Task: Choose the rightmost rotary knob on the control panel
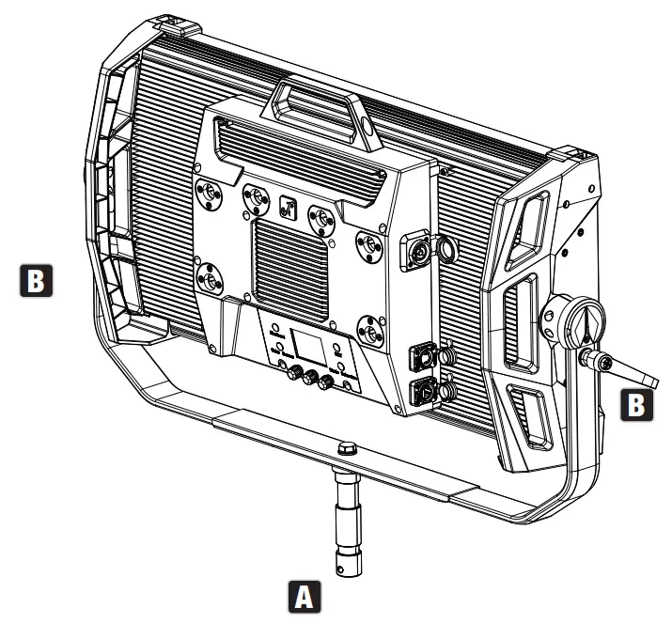pos(328,383)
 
